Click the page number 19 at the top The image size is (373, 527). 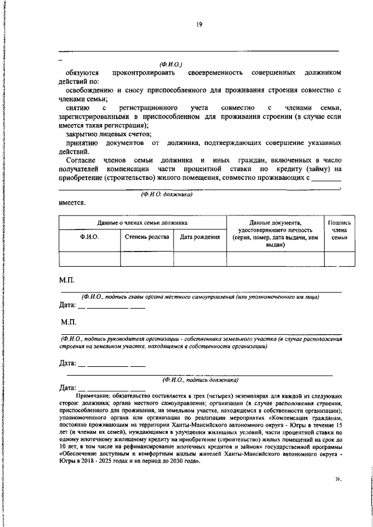pos(199,24)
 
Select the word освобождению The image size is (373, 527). pos(90,91)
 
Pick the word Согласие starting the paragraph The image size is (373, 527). pos(81,160)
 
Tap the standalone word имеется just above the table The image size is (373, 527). pos(72,203)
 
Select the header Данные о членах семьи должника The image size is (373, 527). pos(142,222)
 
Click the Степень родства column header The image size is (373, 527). pos(147,237)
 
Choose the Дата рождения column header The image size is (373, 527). pos(199,237)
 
